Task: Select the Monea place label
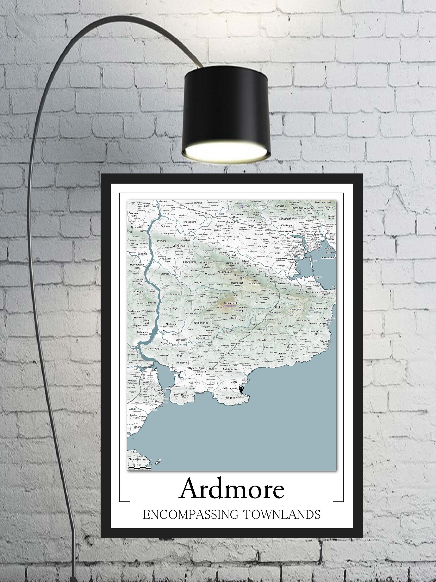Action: coord(234,382)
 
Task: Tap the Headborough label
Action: coord(137,265)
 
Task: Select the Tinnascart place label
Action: coord(175,294)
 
